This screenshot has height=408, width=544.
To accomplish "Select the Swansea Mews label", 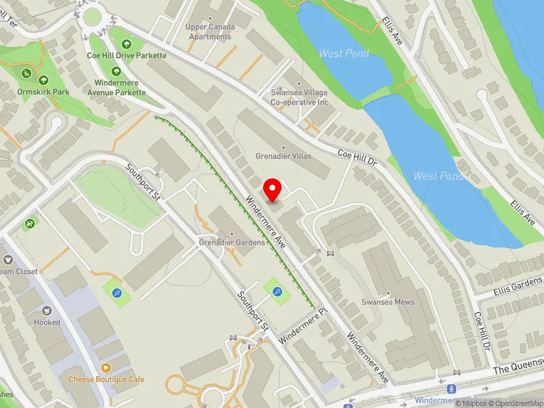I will tap(388, 302).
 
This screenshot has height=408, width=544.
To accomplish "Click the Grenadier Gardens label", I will tap(231, 242).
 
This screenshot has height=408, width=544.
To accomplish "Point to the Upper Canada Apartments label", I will tap(210, 31).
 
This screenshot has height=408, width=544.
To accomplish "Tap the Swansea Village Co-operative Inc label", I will tap(299, 97).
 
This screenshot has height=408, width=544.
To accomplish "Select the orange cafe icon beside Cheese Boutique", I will tap(105, 367).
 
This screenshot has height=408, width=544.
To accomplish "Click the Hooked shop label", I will tap(46, 322).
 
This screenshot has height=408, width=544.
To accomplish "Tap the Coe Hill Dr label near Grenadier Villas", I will tap(357, 159).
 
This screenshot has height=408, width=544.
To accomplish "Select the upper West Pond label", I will tap(344, 53).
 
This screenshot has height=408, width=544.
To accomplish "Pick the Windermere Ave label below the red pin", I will tap(269, 221).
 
